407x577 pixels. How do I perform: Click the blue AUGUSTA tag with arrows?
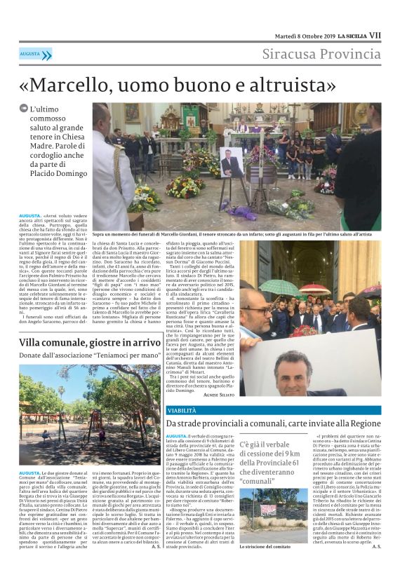pos(35,53)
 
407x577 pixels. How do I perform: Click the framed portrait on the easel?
pos(231,162)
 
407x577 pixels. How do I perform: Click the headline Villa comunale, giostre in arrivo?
pos(91,342)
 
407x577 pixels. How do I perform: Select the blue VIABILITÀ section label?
pos(182,410)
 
